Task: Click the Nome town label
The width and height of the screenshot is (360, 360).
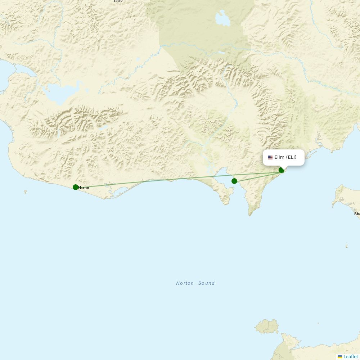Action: pos(84,188)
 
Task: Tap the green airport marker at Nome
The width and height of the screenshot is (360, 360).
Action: pos(76,187)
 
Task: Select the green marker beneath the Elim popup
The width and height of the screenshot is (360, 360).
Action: pos(282,170)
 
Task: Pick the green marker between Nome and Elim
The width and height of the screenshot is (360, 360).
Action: pos(234,181)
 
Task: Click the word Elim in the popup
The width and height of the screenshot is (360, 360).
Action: pos(279,157)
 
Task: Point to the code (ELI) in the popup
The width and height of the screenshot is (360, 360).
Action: pos(291,157)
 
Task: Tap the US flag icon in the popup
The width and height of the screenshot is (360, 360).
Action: pos(270,157)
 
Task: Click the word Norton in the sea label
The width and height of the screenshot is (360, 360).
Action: pos(185,283)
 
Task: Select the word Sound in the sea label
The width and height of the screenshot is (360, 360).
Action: pos(206,283)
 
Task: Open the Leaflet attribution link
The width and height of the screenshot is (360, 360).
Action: pos(351,356)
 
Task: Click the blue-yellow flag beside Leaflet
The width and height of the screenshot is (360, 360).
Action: pos(340,356)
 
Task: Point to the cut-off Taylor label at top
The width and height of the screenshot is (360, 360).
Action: pos(118,1)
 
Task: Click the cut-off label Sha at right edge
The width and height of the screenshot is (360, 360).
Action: pos(357,214)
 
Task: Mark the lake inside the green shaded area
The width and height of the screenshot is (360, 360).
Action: pos(223,19)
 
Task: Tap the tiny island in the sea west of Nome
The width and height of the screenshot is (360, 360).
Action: pos(25,192)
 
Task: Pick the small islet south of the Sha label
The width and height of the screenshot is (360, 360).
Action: pos(347,246)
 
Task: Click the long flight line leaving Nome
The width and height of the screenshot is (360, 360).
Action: pos(144,181)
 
